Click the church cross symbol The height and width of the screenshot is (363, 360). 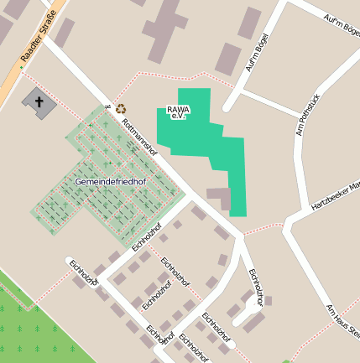tap(39, 101)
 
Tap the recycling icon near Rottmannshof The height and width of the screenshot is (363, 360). tap(122, 108)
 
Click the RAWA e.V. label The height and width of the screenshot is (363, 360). tap(178, 111)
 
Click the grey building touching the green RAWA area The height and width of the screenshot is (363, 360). tap(219, 198)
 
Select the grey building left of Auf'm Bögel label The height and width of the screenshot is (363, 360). tap(227, 58)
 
